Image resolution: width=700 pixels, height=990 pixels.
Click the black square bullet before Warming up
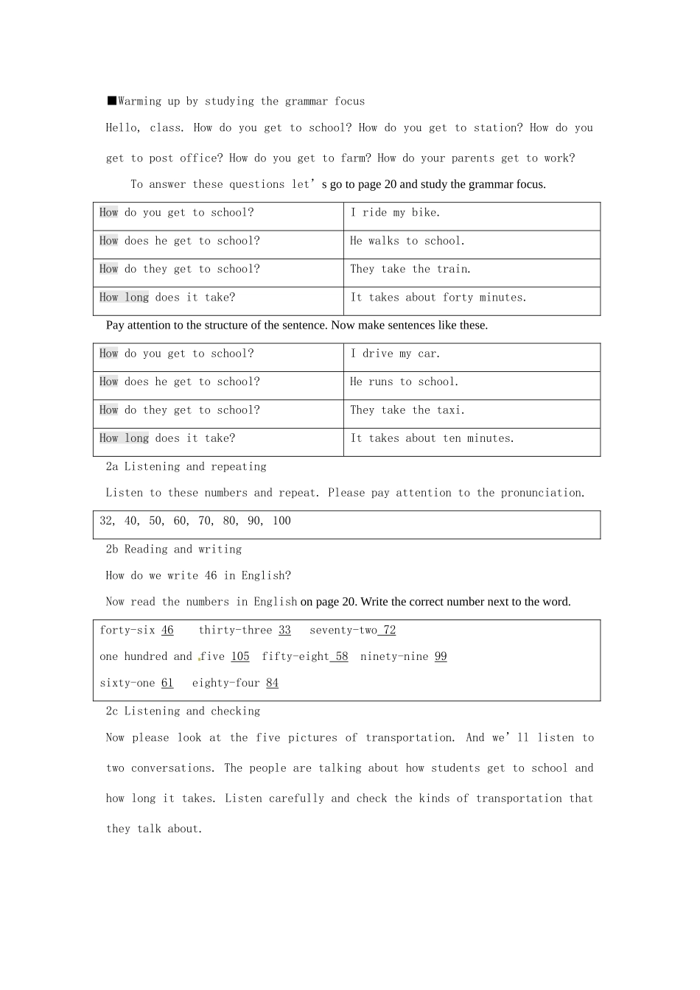coord(111,101)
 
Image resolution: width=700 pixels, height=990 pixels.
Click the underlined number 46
coord(167,631)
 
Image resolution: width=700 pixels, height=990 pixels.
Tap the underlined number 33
coord(284,631)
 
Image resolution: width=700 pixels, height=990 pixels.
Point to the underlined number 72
coord(389,631)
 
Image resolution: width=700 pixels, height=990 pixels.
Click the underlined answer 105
coord(240,657)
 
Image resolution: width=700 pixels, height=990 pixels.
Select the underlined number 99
coord(441,657)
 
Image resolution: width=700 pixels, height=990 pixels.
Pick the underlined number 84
coord(272,684)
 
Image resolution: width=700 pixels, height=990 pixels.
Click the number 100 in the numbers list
coord(281,521)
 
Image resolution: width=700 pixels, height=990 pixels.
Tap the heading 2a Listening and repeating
coord(186,467)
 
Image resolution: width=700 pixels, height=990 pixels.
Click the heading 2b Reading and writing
coord(173,550)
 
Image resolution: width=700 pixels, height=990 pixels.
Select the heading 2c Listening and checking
coord(183,712)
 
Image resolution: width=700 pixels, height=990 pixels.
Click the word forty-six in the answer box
coord(127,631)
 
